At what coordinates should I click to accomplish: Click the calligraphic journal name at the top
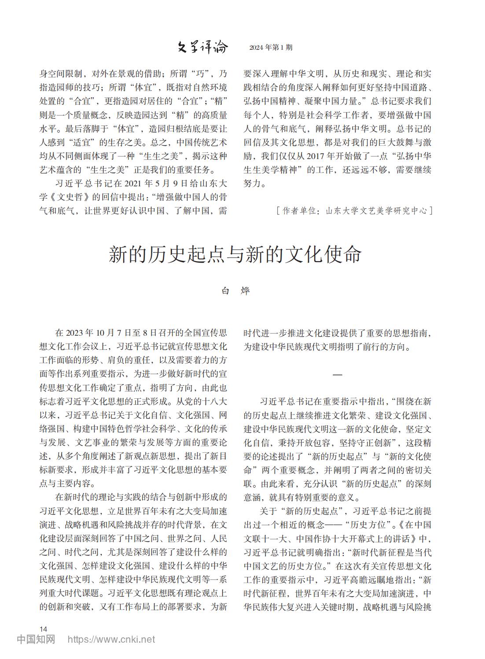pyautogui.click(x=203, y=47)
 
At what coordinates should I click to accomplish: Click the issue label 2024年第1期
pyautogui.click(x=270, y=48)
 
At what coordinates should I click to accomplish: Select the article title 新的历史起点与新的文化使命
pyautogui.click(x=235, y=255)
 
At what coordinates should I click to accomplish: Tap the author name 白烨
pyautogui.click(x=235, y=291)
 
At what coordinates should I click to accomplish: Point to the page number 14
pyautogui.click(x=43, y=628)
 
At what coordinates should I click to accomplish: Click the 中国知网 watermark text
pyautogui.click(x=36, y=639)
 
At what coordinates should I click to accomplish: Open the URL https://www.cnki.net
pyautogui.click(x=110, y=639)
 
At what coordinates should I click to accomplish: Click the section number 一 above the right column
pyautogui.click(x=337, y=374)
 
